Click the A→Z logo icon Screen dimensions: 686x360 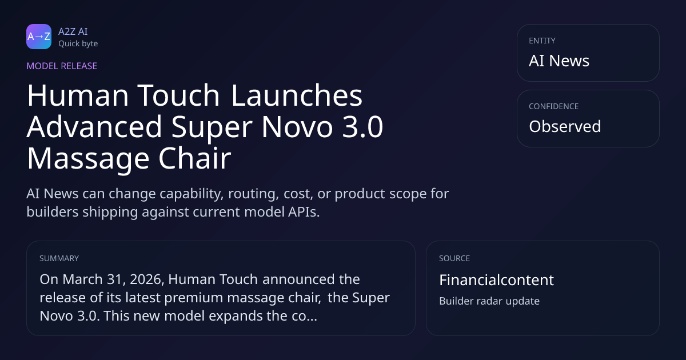tap(39, 37)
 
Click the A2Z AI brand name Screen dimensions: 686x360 tap(73, 31)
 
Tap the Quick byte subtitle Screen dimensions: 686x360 tap(78, 44)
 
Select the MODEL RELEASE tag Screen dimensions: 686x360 tap(62, 66)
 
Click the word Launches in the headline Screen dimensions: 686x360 tap(297, 95)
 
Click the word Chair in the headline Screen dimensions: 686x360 tap(194, 158)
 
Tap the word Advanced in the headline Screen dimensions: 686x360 tap(94, 127)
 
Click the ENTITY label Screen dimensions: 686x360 tap(542, 41)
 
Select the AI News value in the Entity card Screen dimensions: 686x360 tap(559, 61)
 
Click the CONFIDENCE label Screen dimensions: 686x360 tap(554, 106)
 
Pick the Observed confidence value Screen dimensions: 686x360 tap(565, 126)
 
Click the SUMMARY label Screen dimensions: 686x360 tap(59, 258)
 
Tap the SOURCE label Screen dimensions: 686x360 tap(454, 258)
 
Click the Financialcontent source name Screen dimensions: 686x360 tap(496, 280)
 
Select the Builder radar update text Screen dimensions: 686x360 tap(489, 301)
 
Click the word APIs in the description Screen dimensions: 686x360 tap(304, 212)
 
